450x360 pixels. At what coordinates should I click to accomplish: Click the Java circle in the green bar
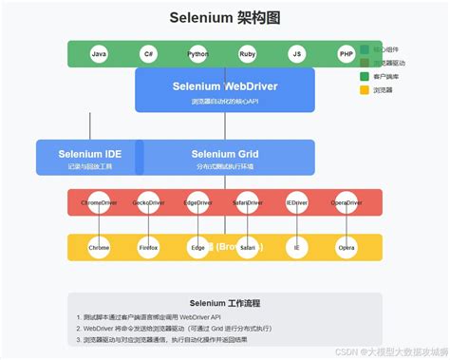tap(99, 54)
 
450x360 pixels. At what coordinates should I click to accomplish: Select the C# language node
tap(148, 54)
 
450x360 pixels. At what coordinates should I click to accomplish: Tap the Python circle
tap(197, 54)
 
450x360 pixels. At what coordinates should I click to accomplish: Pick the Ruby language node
tap(247, 54)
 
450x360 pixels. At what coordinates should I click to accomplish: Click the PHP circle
tap(346, 54)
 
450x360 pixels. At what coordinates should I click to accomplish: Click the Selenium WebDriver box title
tap(224, 85)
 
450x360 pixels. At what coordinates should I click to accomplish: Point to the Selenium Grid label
tap(225, 153)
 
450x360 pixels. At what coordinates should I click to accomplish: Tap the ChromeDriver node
tap(99, 202)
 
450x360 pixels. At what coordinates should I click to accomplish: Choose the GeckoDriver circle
tap(148, 202)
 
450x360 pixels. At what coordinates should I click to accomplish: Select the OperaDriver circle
tap(346, 202)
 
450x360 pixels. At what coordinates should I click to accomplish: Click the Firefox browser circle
tap(148, 247)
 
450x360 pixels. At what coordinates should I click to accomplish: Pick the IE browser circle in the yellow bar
tap(296, 247)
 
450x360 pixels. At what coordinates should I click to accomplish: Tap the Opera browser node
tap(346, 247)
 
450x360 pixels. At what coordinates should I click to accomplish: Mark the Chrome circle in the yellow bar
tap(99, 247)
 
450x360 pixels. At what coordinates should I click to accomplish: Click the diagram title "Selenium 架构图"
tap(224, 18)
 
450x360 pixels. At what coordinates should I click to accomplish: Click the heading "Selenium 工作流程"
tap(224, 303)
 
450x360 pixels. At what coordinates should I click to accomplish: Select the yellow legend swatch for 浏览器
tap(365, 90)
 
